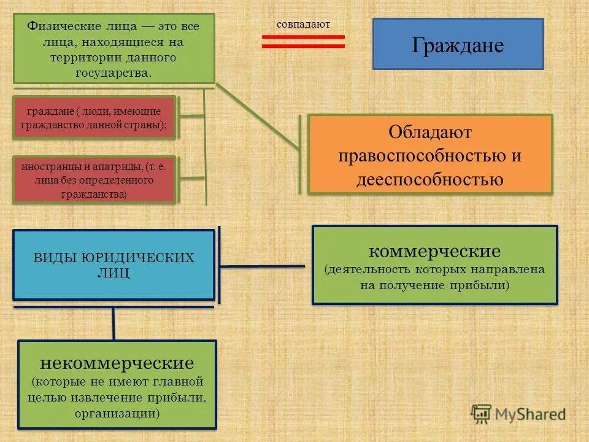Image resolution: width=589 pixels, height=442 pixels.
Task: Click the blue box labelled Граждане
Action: click(x=458, y=44)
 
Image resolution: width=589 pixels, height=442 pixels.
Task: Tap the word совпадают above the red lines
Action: click(x=303, y=25)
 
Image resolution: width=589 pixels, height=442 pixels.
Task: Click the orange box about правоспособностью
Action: click(x=429, y=155)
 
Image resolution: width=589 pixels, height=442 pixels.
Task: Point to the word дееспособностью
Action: click(x=429, y=179)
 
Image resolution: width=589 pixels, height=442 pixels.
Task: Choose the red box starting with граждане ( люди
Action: click(x=94, y=117)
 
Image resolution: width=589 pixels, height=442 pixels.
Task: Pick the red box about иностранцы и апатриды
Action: click(x=94, y=180)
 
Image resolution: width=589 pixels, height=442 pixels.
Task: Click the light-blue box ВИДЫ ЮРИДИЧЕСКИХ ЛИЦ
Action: click(x=114, y=265)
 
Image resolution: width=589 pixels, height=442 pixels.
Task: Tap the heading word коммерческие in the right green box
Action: click(x=434, y=251)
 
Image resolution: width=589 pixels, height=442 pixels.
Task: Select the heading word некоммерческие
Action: click(x=117, y=363)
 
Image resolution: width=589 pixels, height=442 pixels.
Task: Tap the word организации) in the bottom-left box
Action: click(x=117, y=413)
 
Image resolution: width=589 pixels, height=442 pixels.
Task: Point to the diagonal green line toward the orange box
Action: click(x=258, y=117)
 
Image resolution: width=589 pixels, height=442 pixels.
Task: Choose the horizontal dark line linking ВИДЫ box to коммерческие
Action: click(x=263, y=266)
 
